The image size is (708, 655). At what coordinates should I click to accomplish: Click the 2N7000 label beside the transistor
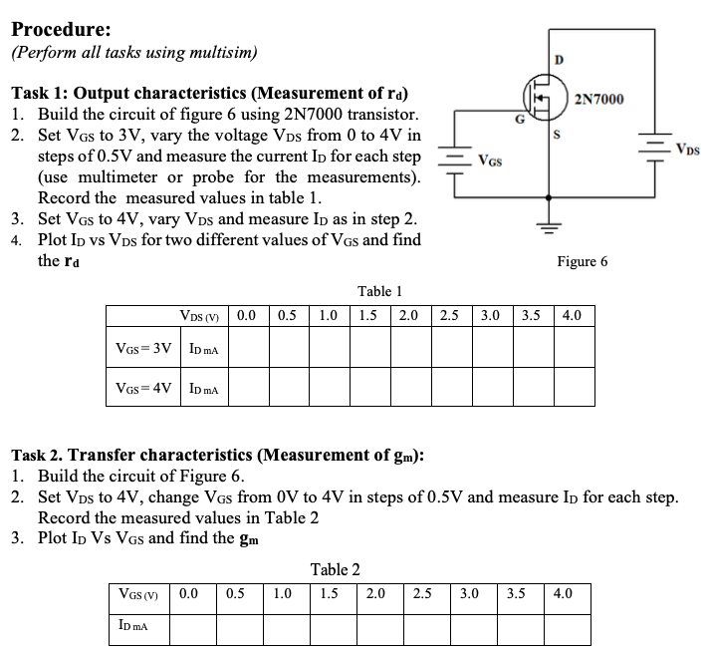click(600, 98)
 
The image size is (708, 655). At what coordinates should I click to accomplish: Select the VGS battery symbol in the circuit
click(455, 160)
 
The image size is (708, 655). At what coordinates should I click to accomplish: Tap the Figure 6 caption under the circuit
click(583, 261)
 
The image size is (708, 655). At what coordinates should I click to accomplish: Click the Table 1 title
click(379, 291)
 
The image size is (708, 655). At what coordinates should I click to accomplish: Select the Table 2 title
click(336, 569)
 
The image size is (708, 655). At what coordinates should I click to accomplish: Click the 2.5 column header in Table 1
click(449, 316)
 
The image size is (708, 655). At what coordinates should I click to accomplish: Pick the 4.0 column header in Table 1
click(573, 316)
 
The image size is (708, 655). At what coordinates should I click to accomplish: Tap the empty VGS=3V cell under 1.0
click(328, 349)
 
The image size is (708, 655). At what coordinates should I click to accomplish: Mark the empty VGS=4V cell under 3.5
click(532, 389)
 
